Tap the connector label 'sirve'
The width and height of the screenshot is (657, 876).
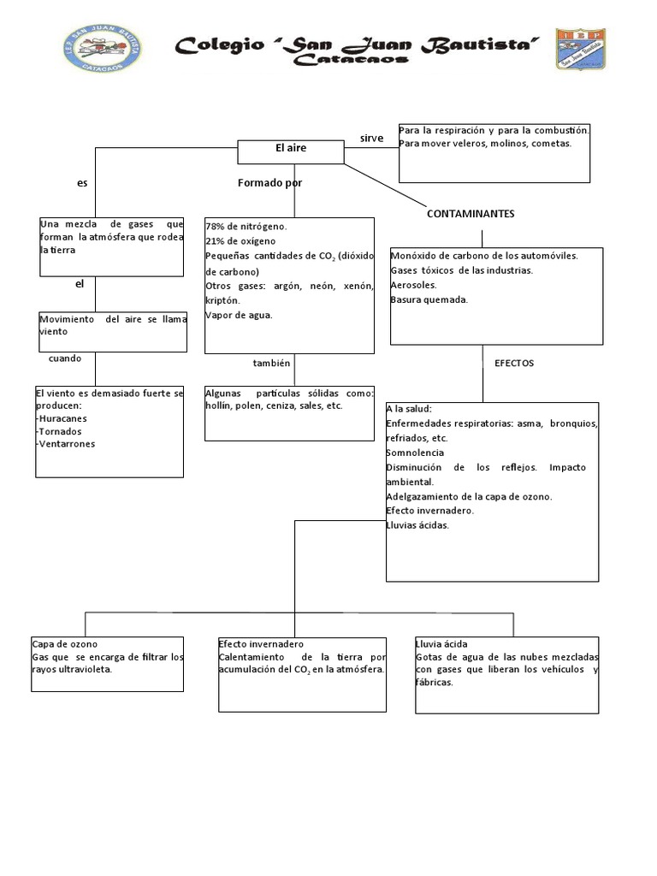coord(371,138)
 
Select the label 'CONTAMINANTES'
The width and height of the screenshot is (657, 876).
coord(471,214)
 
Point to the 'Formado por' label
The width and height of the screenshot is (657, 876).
coord(269,183)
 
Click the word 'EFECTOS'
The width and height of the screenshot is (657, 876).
coord(514,363)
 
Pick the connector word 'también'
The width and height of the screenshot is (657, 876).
coord(272,363)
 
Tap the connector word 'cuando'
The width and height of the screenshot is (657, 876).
coord(65,358)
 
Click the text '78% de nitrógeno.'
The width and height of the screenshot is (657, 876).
coord(246,227)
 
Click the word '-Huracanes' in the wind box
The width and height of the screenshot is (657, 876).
coord(62,418)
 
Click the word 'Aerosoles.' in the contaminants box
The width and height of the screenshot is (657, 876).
coord(414,285)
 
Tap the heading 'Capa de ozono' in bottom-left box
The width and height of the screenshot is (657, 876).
coord(65,643)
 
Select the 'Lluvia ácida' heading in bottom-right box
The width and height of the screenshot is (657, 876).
coord(441,643)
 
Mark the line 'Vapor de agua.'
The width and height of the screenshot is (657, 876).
coord(240,315)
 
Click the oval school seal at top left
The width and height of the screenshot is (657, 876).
coord(107,45)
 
